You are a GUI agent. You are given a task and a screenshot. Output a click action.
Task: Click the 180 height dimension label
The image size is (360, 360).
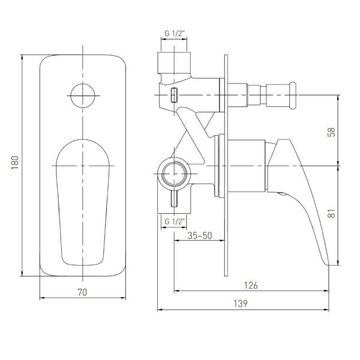[14, 163]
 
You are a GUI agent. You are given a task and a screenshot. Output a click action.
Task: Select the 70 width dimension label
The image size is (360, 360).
[82, 292]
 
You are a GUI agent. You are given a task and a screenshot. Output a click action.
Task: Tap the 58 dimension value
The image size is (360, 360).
[332, 132]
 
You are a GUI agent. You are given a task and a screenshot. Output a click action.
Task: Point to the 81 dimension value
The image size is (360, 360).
[332, 213]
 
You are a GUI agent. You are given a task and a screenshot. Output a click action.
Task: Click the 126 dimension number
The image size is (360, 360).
[251, 286]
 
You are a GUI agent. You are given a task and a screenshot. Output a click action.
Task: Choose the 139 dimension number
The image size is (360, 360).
[241, 304]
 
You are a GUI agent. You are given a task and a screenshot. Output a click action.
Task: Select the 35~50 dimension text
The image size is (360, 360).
[200, 236]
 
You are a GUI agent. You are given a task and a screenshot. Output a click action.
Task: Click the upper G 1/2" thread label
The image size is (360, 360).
[175, 34]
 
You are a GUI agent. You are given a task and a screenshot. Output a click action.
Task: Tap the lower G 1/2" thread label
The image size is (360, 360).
[175, 221]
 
